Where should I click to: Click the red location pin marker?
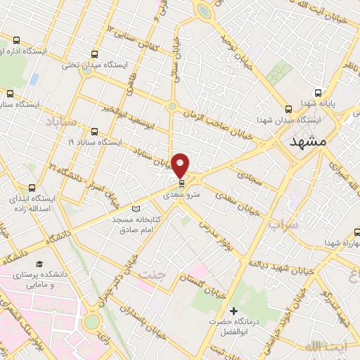tap(181, 165)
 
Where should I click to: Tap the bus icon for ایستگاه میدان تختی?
tap(95, 53)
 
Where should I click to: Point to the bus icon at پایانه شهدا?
tap(319, 92)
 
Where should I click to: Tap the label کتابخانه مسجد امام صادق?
tap(137, 224)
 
